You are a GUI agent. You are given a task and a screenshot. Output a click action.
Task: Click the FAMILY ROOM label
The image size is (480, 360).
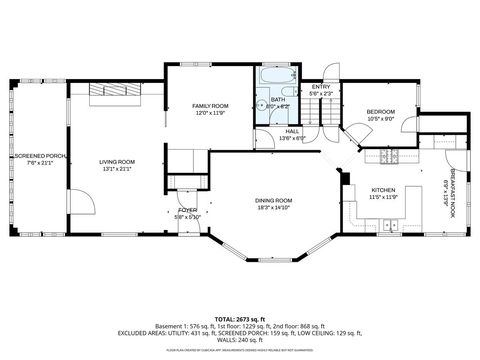[211, 105]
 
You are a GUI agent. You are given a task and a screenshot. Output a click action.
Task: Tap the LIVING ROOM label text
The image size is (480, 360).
[116, 162]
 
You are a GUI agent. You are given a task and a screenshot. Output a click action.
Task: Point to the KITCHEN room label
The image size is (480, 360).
[384, 190]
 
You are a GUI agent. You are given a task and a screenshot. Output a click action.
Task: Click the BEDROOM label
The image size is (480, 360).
[380, 111]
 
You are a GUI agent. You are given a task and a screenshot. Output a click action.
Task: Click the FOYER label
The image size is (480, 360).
[188, 210]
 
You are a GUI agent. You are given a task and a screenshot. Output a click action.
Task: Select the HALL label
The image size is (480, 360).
[292, 132]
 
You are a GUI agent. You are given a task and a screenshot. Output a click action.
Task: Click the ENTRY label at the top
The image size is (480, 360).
[320, 87]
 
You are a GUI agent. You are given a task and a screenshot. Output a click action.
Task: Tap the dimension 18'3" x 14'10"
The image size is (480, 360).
[272, 207]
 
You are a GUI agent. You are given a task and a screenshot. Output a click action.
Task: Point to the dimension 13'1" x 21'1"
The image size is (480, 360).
[116, 169]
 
